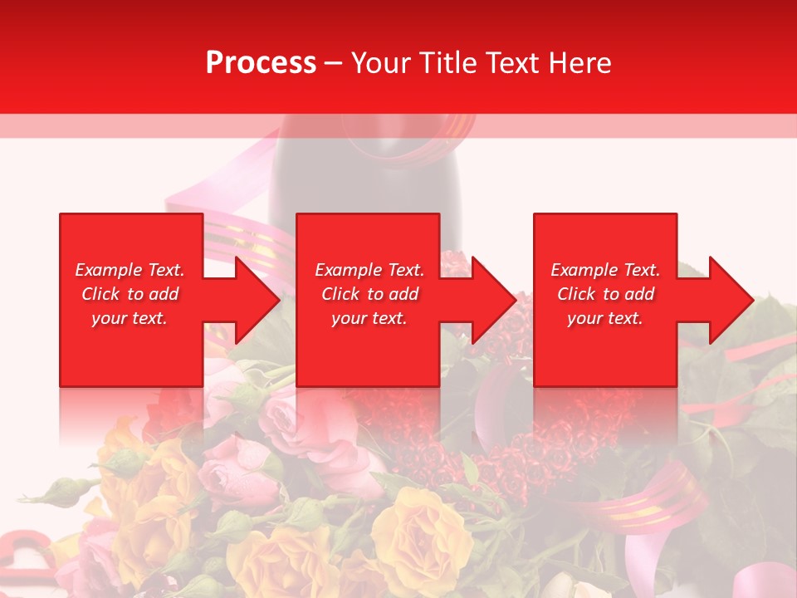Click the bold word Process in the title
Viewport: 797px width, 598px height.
click(x=261, y=63)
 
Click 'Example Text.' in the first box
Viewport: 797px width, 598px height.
click(x=130, y=270)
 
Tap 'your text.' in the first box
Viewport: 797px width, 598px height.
click(x=130, y=318)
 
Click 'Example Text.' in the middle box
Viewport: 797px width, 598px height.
click(x=369, y=270)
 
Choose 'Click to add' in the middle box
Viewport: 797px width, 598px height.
click(x=369, y=294)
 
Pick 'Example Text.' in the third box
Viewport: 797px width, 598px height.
click(x=605, y=270)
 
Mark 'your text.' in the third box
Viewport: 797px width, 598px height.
click(x=605, y=318)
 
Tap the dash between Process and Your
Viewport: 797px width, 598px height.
click(x=333, y=63)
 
